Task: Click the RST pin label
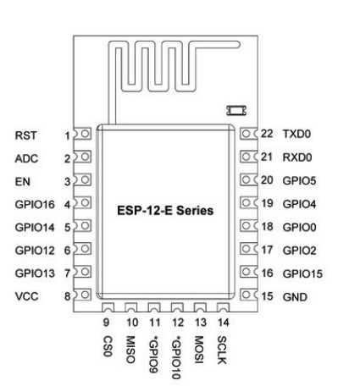(25, 135)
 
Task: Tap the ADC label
(26, 158)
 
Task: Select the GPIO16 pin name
(35, 205)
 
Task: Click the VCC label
(26, 296)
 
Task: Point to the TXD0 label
(296, 134)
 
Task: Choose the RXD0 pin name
(297, 157)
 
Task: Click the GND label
(295, 297)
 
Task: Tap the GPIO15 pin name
(302, 273)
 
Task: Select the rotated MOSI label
(199, 350)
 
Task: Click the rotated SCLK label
(222, 350)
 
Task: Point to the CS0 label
(108, 346)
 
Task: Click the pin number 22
(267, 134)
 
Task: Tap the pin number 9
(106, 323)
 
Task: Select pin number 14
(223, 323)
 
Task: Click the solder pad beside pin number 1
(82, 134)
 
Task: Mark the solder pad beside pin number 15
(249, 295)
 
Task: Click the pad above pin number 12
(177, 307)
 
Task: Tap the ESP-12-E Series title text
(165, 211)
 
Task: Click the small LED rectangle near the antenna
(236, 110)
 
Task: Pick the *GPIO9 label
(153, 355)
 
